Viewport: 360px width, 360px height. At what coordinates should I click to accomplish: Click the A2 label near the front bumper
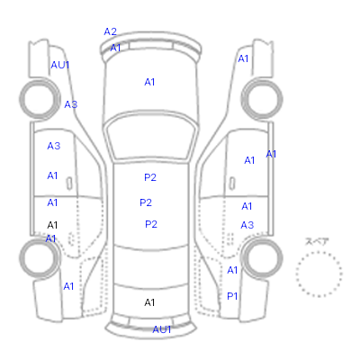point(110,31)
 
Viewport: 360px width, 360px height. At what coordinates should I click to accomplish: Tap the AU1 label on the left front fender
point(60,65)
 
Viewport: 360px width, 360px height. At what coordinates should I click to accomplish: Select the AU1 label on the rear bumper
point(162,329)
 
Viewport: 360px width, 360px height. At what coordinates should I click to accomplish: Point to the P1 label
point(232,296)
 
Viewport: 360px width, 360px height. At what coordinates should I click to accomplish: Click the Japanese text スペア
point(317,241)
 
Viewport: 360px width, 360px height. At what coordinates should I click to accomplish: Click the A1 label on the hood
point(149,82)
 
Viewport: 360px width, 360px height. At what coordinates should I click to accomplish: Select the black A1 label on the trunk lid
point(149,302)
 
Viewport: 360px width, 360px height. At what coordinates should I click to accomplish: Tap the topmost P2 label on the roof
point(150,177)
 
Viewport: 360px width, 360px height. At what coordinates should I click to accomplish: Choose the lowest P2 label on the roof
point(151,224)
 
